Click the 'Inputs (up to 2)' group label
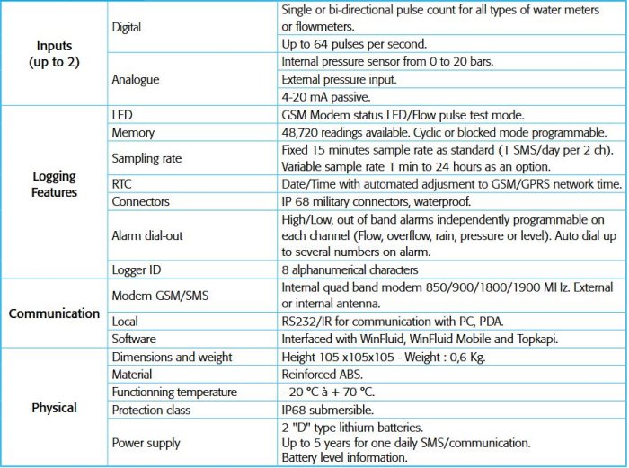point(53,53)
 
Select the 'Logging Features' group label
point(53,184)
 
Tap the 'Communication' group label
point(54,313)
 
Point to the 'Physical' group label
point(54,407)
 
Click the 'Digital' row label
point(127,27)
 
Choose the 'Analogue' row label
point(136,79)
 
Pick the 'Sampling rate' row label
point(146,158)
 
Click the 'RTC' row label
point(122,184)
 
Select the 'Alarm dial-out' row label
point(149,236)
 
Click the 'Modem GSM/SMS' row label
point(157,296)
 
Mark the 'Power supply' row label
point(146,442)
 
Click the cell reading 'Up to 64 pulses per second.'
point(354,44)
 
